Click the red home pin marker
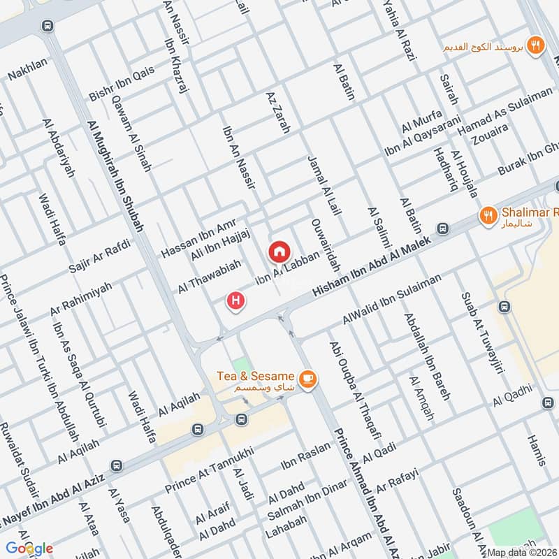[x=279, y=250]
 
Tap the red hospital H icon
[x=237, y=301]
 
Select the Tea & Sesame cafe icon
[x=307, y=379]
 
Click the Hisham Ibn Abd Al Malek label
[x=378, y=264]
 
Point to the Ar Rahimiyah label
[x=81, y=298]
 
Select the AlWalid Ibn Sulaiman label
[x=392, y=298]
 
